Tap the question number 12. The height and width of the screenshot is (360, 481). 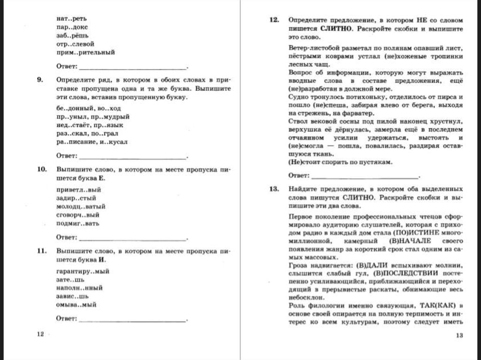[274, 21]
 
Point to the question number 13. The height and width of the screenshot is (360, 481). [274, 189]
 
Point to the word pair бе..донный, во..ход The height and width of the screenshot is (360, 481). [84, 108]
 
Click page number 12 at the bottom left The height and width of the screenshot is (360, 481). [40, 334]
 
